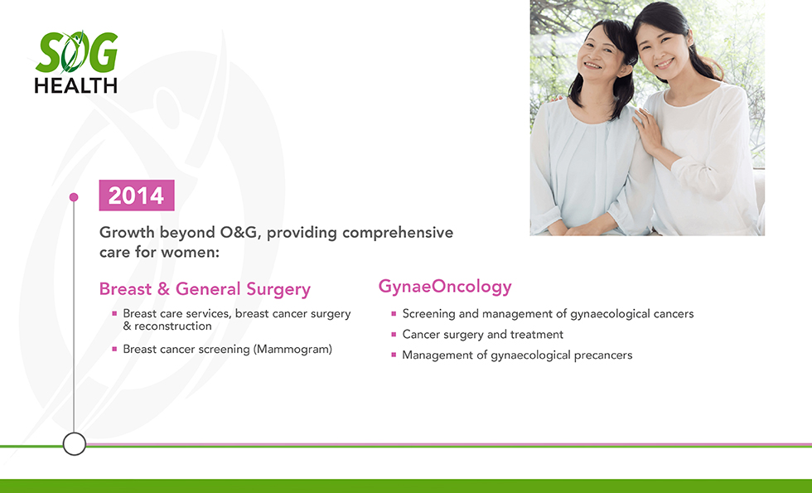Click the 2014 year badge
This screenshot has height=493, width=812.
(x=137, y=196)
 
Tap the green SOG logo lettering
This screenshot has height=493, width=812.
(x=76, y=52)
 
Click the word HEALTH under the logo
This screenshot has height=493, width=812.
(x=76, y=85)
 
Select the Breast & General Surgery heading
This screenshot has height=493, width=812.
(x=205, y=289)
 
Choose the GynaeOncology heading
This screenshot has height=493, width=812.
(x=445, y=287)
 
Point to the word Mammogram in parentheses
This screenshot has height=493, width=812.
(x=292, y=349)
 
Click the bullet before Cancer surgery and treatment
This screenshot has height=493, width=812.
(x=394, y=335)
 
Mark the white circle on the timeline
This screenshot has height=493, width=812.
(x=75, y=444)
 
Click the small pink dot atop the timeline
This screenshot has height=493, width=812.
(x=74, y=197)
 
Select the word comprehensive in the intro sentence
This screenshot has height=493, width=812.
(x=398, y=233)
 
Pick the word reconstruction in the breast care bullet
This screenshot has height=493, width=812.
(x=173, y=326)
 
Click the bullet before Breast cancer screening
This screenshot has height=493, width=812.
(x=114, y=349)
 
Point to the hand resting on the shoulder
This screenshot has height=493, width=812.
(x=646, y=128)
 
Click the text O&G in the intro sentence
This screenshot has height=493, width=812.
(x=239, y=232)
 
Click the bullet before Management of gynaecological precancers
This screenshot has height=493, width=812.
(x=394, y=355)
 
